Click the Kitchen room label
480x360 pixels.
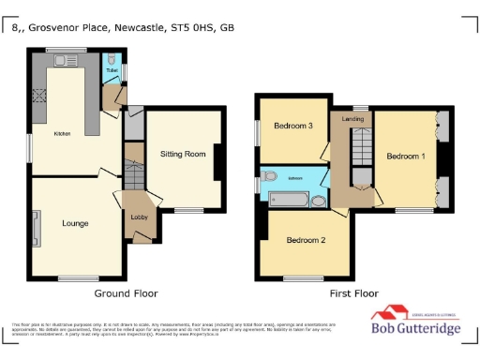click(x=62, y=134)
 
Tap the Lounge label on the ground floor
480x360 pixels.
click(x=75, y=224)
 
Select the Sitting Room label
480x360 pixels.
click(x=183, y=153)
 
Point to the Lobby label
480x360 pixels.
click(x=138, y=217)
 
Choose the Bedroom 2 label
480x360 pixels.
click(x=306, y=240)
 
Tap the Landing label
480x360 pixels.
click(x=353, y=119)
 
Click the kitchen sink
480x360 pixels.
click(x=66, y=63)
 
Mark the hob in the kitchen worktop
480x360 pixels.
click(x=38, y=94)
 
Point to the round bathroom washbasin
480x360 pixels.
click(x=318, y=200)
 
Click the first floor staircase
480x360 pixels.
click(x=360, y=150)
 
